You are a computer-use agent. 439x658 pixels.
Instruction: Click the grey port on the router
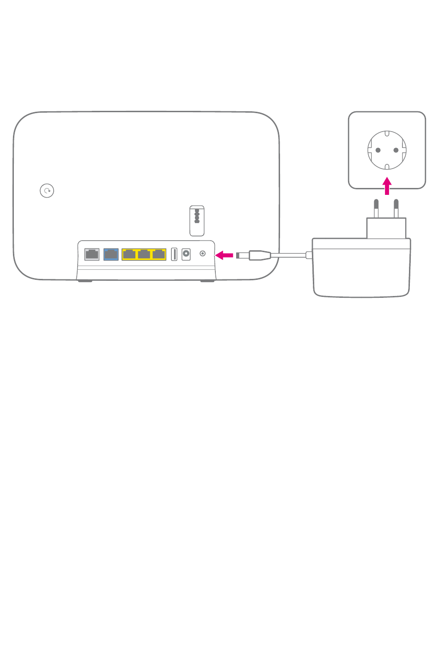[92, 254]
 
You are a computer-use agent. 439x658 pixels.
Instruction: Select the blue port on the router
[111, 254]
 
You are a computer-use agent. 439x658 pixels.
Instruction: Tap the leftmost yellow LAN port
[129, 254]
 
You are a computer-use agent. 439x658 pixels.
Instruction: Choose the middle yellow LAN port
[144, 254]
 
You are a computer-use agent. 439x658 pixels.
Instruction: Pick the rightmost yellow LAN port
[159, 254]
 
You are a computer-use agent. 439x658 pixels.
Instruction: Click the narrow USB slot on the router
[174, 254]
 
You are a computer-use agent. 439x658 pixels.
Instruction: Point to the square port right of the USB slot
[186, 254]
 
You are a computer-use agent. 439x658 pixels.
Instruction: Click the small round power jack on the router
[202, 254]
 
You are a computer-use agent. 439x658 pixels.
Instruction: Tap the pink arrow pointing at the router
[225, 255]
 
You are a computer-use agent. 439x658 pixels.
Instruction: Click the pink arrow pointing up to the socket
[387, 186]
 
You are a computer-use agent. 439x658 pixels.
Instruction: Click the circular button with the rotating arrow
[47, 190]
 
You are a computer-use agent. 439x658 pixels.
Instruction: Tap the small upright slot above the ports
[197, 221]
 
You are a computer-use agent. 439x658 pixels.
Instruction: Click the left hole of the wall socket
[378, 150]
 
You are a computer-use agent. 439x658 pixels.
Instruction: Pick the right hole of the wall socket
[396, 150]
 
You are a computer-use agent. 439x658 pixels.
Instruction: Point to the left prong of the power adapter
[376, 209]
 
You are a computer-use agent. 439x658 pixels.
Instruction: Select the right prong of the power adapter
[396, 209]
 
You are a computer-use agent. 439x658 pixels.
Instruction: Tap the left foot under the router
[85, 281]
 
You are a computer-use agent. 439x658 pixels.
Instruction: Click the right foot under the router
[207, 281]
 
